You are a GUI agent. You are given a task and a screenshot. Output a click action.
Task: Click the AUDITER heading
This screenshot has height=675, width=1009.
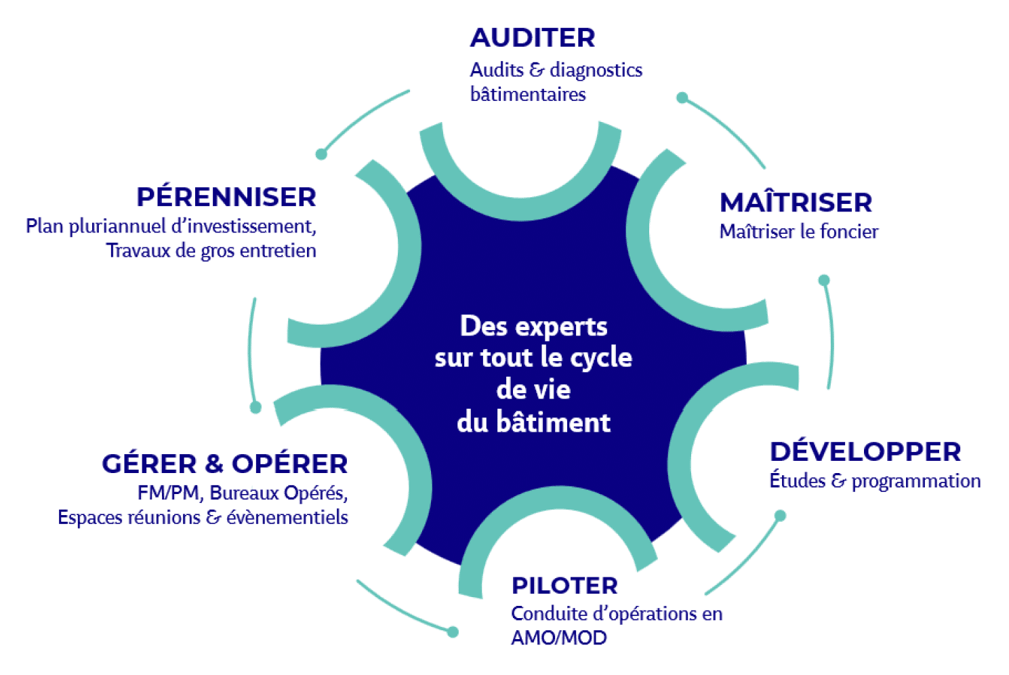533,37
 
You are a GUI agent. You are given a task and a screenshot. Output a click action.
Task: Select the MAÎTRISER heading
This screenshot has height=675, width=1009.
796,203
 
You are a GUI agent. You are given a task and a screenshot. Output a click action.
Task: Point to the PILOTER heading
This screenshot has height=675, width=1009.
564,586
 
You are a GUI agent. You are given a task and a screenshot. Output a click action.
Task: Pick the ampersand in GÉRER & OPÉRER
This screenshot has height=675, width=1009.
214,464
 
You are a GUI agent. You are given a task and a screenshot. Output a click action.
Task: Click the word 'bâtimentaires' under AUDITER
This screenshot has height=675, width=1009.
528,95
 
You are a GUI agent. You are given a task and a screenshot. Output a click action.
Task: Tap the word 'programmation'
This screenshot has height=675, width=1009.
916,482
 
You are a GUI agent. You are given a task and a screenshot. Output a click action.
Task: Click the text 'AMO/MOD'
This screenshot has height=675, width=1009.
559,638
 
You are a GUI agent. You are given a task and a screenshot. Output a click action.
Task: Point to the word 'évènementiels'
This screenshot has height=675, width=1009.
287,517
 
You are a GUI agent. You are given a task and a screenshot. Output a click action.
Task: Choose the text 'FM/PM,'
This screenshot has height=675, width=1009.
171,493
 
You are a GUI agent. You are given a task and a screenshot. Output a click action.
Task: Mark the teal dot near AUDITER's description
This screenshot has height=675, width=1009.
682,98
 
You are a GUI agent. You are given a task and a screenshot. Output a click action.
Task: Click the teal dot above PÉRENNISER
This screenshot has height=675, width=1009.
321,154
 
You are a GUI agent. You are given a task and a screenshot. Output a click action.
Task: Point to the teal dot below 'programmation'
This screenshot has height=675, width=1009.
780,516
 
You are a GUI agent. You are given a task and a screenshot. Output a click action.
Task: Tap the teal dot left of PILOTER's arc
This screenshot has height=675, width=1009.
453,632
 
